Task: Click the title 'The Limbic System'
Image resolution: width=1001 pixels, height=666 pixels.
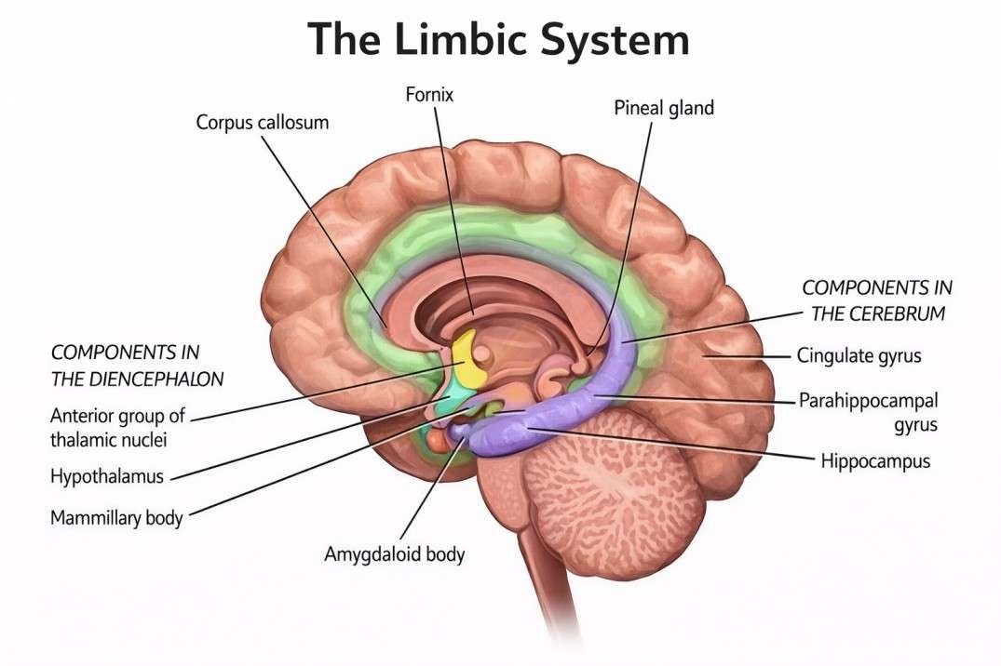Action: coord(499,39)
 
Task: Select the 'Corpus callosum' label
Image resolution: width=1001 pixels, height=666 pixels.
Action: coord(262,122)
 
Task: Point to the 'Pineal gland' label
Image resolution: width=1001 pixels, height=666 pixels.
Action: coord(663,108)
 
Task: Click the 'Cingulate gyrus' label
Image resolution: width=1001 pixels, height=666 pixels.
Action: coord(859,355)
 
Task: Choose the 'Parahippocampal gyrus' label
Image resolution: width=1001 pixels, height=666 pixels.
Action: coord(868,412)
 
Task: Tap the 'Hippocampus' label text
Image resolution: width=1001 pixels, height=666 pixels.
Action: coord(874,460)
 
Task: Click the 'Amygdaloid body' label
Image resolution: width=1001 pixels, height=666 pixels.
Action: coord(394,554)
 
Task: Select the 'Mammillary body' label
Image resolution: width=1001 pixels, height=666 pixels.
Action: coord(116,517)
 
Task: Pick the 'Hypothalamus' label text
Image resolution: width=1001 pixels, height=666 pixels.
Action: coord(107,476)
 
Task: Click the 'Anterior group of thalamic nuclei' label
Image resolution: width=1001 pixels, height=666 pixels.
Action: coord(116,426)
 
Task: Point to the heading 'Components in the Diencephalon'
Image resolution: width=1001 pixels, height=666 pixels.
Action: coord(138,366)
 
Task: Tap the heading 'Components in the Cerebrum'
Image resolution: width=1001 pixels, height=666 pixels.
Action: coord(877,300)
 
